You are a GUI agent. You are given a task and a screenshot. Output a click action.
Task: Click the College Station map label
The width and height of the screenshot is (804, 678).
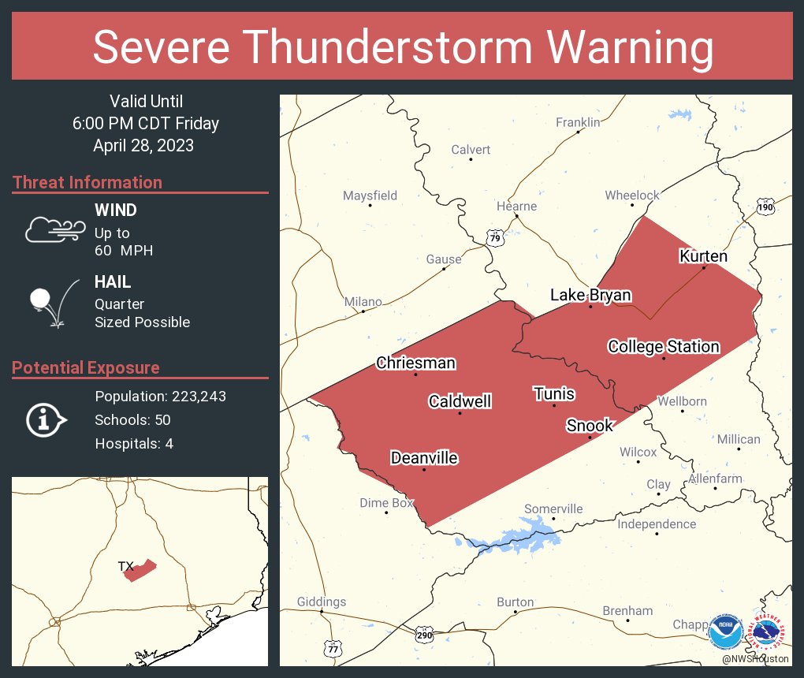tap(664, 346)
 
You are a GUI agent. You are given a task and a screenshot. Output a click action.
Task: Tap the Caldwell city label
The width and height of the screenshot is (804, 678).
tap(460, 401)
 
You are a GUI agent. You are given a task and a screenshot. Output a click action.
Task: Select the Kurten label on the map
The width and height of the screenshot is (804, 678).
tap(703, 256)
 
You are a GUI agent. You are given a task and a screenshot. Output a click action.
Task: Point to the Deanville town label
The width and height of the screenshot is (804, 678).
tap(424, 458)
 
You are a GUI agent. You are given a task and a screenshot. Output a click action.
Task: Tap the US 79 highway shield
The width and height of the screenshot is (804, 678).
tap(494, 238)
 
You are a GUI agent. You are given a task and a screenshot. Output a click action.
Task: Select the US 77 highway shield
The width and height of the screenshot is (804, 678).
tap(333, 648)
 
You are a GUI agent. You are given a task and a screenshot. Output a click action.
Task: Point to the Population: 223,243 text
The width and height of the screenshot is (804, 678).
tap(160, 396)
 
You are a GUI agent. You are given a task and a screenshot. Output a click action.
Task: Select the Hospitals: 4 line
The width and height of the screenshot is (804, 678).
tap(134, 443)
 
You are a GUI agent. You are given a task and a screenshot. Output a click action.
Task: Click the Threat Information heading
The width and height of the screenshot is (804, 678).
tap(87, 182)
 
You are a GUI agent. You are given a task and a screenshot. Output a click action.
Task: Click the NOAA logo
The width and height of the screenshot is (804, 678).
tap(725, 631)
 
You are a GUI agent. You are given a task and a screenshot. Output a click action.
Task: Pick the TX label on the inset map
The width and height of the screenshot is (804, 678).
tap(125, 566)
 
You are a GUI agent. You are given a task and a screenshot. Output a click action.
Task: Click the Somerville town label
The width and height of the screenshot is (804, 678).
tap(553, 508)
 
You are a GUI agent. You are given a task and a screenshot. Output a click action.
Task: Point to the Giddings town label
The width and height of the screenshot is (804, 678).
tap(321, 602)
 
